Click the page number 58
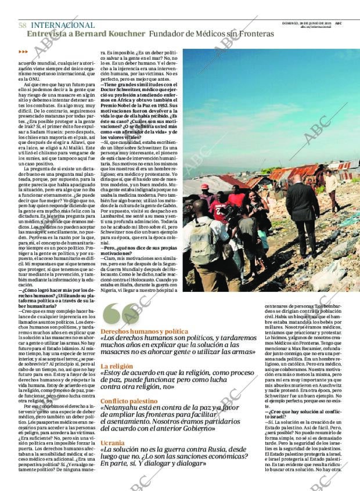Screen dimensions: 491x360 coord(22,25)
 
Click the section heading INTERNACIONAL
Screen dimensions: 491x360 coord(62,25)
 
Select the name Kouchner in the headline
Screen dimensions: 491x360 coord(124,34)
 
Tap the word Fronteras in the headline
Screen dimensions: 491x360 coord(254,34)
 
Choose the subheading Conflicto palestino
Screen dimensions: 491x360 coord(129,401)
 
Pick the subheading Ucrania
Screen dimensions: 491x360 coord(112,442)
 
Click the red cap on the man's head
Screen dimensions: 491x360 coord(205,187)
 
